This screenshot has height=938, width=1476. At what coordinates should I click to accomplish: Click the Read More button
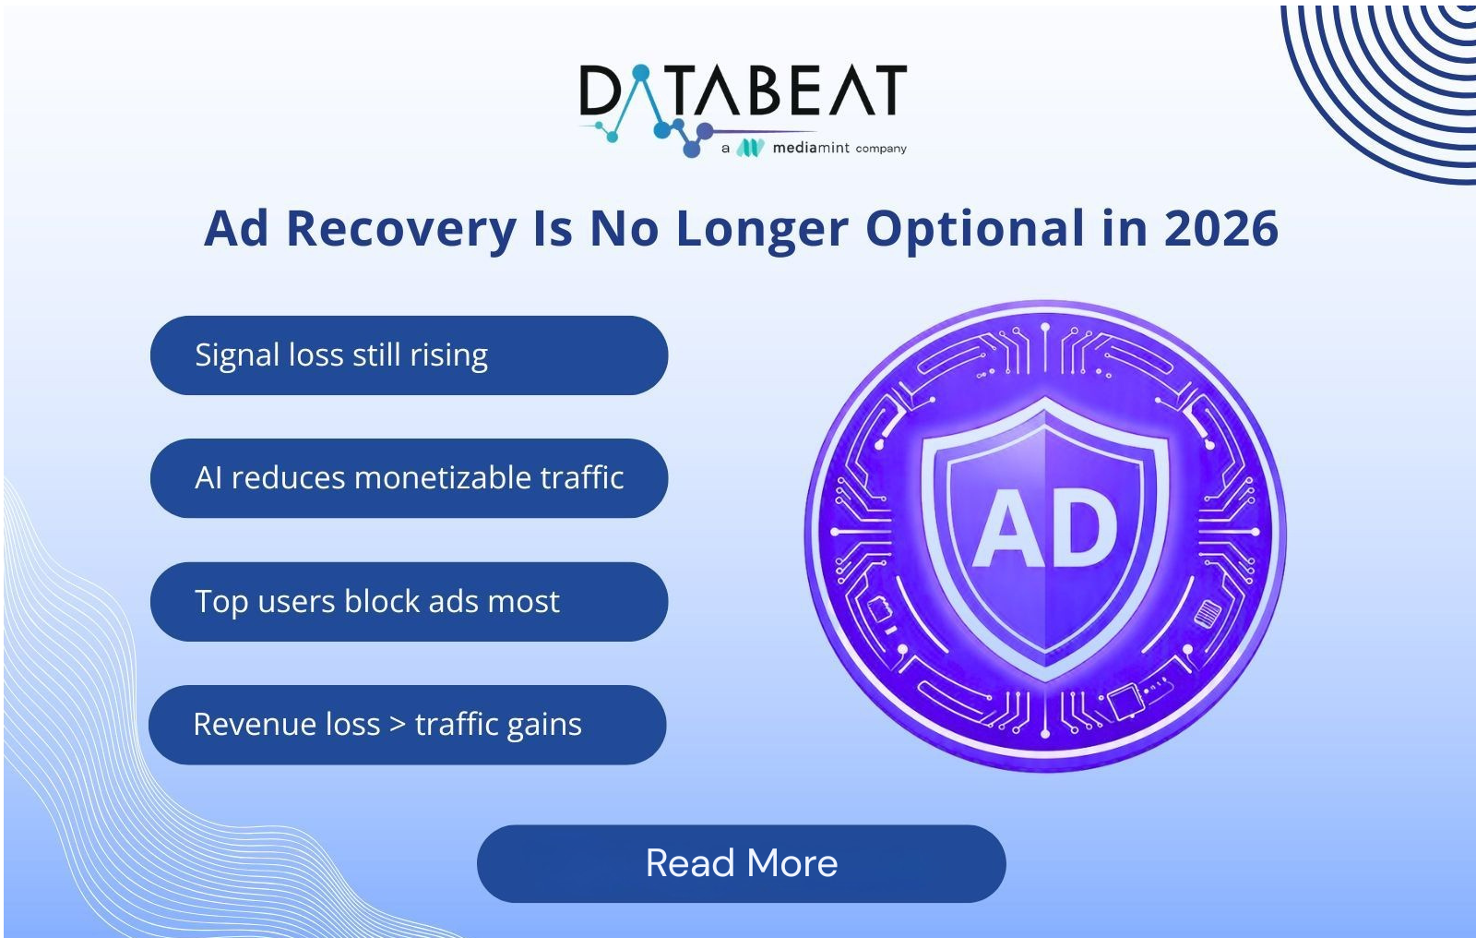click(742, 863)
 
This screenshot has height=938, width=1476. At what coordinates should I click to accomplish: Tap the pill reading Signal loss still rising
click(410, 355)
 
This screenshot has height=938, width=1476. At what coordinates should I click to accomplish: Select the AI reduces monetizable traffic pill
click(410, 478)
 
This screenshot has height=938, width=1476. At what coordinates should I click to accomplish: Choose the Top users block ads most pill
click(410, 602)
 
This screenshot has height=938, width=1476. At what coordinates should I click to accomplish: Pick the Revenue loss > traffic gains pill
click(408, 725)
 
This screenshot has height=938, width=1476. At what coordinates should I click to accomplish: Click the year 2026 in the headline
click(1221, 228)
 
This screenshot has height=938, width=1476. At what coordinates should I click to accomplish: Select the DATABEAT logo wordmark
click(744, 90)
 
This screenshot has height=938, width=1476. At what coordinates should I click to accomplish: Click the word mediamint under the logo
click(811, 148)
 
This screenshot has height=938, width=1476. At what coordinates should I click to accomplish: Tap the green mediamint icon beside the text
click(750, 148)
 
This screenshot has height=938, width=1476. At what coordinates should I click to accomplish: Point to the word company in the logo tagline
click(881, 149)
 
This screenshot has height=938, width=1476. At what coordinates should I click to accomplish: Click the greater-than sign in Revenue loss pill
click(398, 725)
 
